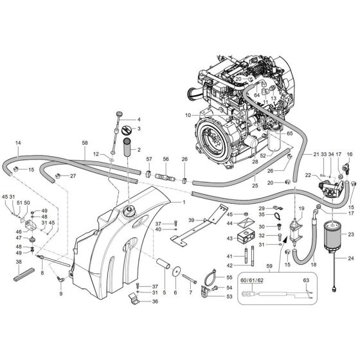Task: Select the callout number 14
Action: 18,143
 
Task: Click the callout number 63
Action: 307,281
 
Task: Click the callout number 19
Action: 302,210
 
